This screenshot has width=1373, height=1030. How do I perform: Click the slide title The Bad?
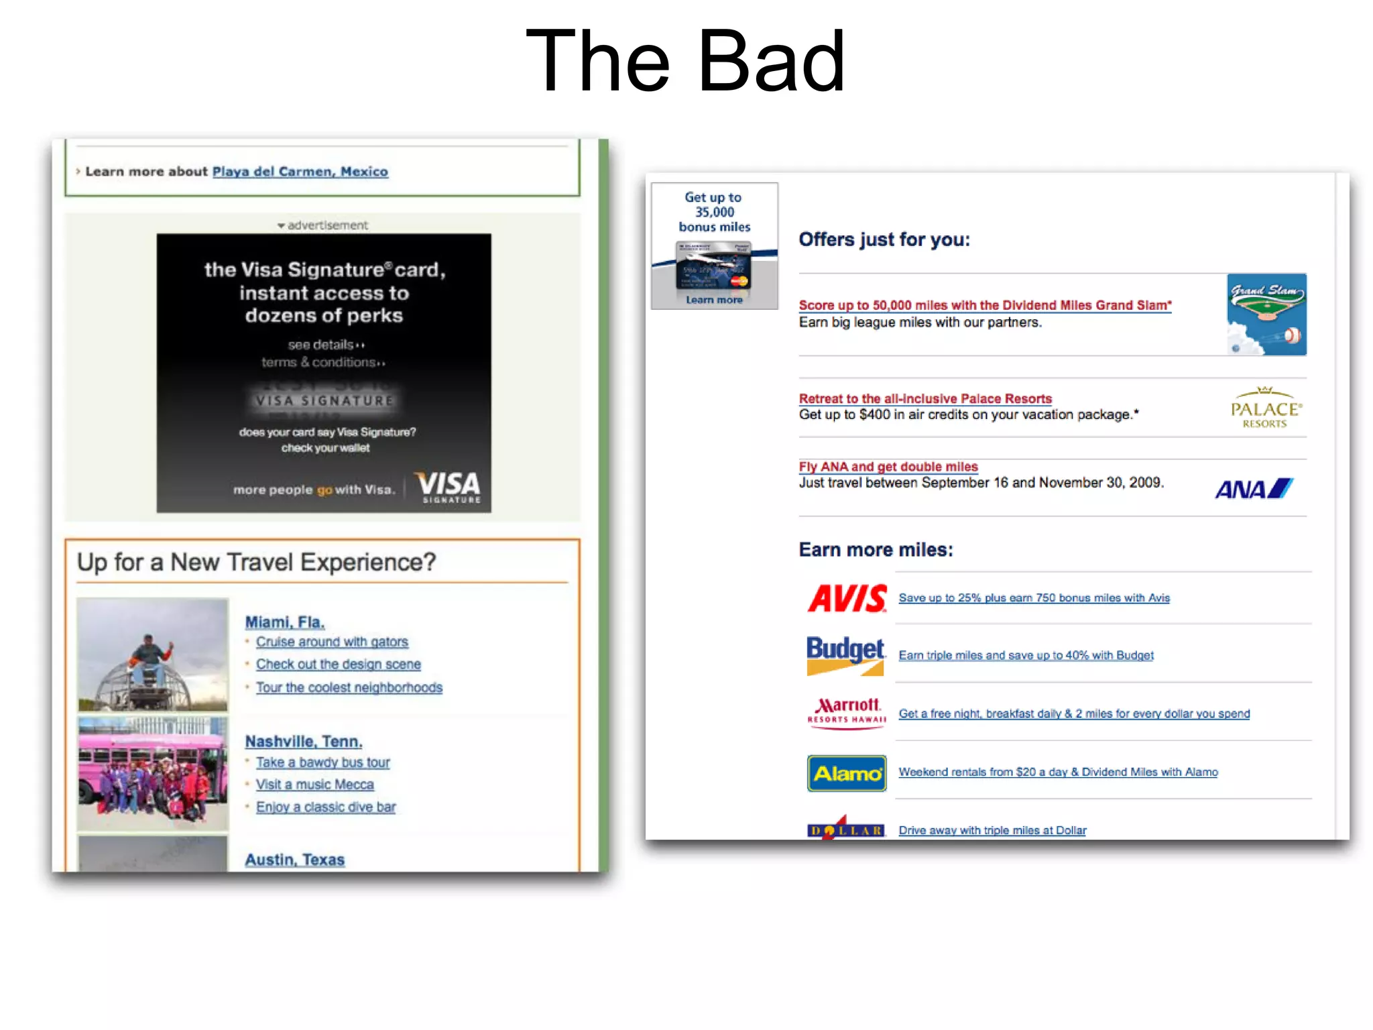coord(685,62)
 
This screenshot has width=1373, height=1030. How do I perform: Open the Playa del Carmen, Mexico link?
coord(300,172)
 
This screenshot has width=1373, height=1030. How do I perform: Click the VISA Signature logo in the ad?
coord(448,487)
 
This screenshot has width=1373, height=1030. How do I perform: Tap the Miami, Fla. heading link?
coord(284,622)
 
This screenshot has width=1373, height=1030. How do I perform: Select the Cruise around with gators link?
coord(332,642)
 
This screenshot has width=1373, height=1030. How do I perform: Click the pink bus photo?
coord(153,773)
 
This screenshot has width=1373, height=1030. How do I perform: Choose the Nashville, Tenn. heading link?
coord(303,742)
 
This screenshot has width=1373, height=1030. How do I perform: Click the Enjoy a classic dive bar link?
coord(326,807)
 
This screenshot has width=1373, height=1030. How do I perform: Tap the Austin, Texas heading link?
coord(294,860)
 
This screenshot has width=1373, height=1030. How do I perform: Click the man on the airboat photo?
coord(153,654)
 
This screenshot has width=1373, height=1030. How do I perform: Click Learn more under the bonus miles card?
coord(714,300)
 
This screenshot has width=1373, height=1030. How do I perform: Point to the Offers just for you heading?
coord(884,239)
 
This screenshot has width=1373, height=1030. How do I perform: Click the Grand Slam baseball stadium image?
coord(1266,314)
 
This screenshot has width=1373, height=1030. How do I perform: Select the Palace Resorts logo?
coord(1265,408)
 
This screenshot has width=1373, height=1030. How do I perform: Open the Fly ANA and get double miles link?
coord(888,467)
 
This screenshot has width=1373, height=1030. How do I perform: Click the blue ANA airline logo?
coord(1253,489)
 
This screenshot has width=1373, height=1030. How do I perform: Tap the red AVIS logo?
coord(847,598)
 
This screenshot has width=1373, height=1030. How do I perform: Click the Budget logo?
coord(845,655)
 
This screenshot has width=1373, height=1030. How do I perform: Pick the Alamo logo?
coord(847,773)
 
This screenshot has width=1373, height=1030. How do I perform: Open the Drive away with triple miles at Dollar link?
coord(992,830)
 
